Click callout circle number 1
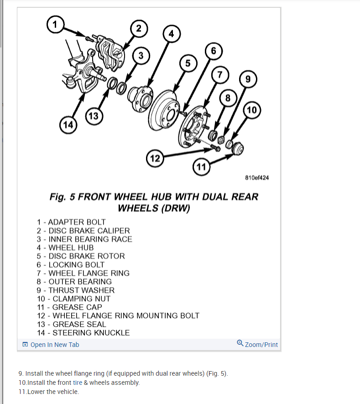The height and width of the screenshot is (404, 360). [55, 24]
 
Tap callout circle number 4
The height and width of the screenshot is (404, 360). [171, 34]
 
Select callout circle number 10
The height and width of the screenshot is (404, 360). [252, 110]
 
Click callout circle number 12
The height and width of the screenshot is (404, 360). [155, 159]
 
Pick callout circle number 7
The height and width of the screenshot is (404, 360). [220, 74]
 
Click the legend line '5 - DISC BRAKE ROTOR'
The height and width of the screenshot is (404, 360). [80, 256]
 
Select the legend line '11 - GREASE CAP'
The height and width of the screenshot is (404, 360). [69, 307]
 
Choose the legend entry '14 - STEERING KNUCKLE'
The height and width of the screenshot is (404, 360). [83, 333]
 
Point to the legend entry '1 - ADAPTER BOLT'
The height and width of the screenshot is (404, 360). [71, 222]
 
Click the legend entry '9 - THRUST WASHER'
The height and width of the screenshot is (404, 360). [75, 290]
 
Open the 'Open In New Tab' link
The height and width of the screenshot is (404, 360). [51, 345]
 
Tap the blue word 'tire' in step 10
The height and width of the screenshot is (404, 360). [78, 383]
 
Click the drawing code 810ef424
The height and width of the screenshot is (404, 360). [257, 178]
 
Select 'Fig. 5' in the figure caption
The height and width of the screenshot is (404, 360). [62, 197]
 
